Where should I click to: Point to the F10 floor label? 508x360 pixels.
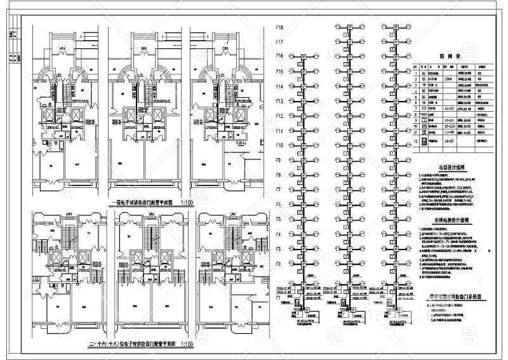279,145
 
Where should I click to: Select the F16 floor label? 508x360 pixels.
279,57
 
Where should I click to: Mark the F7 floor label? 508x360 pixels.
278,190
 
